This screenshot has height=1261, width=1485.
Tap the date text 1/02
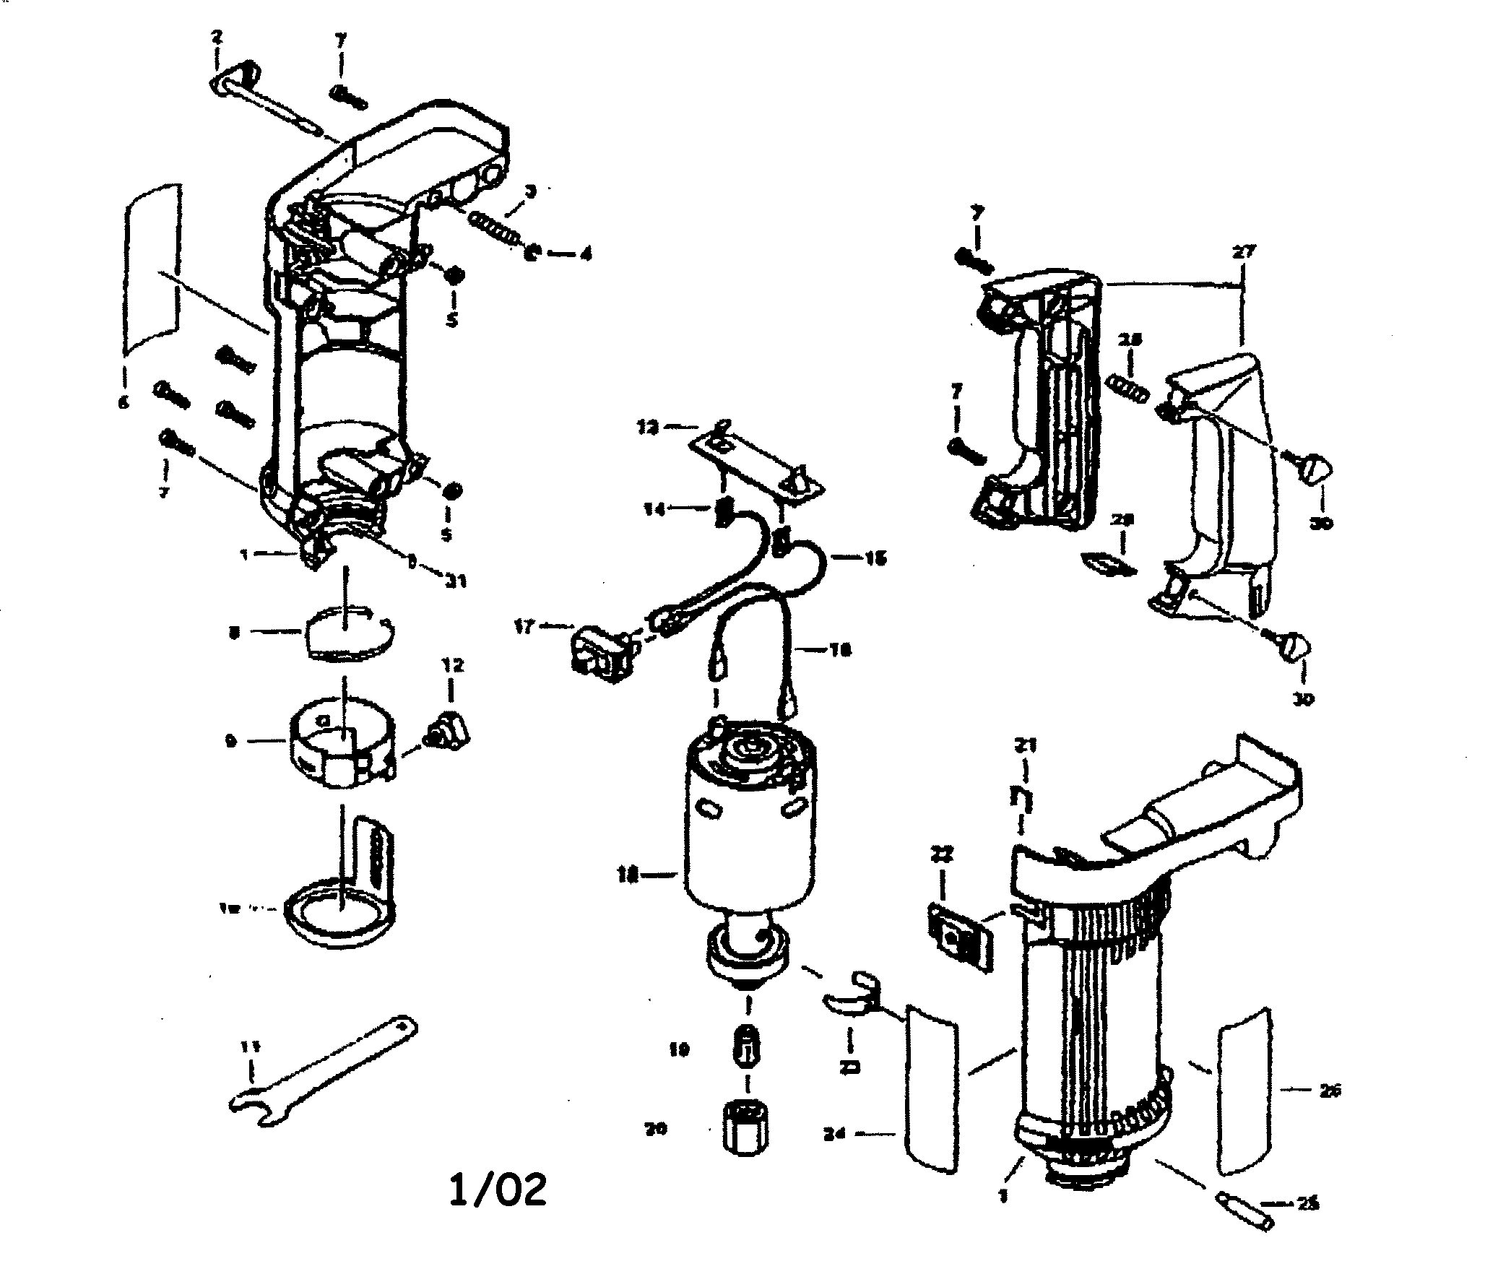click(498, 1189)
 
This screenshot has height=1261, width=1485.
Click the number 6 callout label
click(124, 402)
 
